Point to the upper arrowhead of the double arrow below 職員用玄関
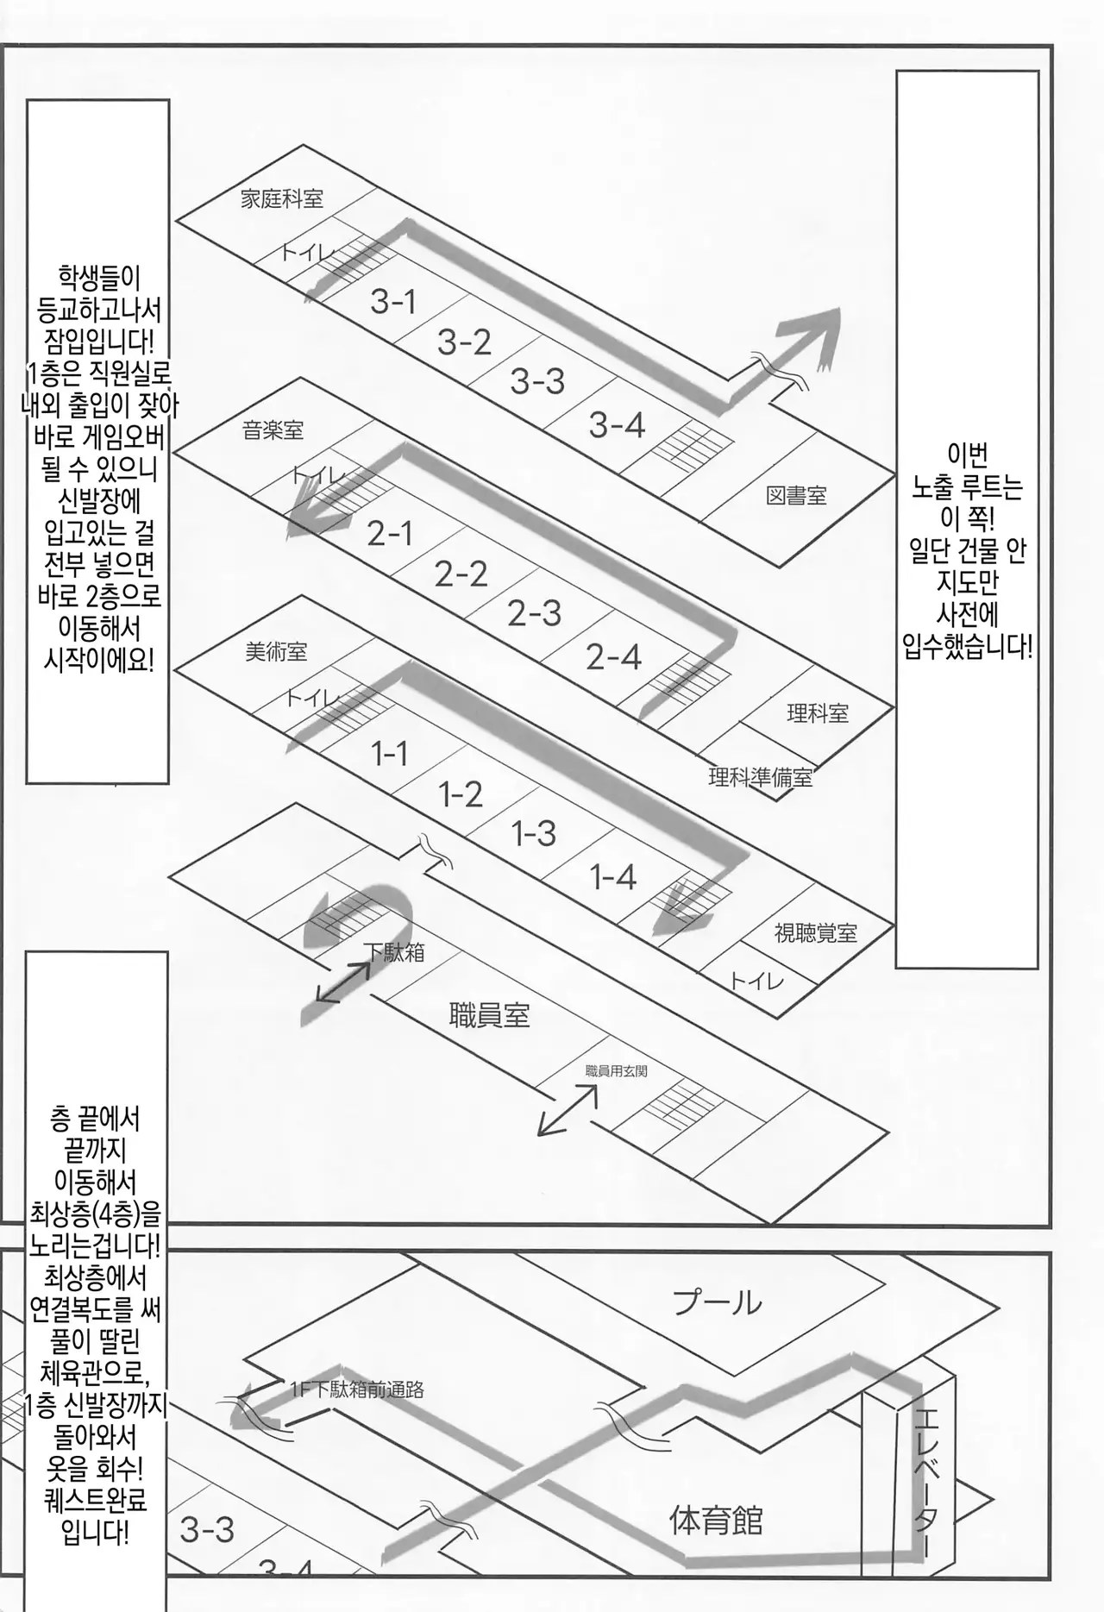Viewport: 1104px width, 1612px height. pos(596,1085)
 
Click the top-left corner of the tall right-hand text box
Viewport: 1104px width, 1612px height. pos(897,72)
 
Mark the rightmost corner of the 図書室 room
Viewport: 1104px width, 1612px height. pos(894,471)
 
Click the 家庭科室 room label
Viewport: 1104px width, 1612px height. pos(282,199)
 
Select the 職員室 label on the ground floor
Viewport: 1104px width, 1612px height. pos(489,1015)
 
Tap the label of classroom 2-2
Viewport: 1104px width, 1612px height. pos(461,574)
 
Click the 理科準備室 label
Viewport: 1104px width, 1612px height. pos(761,778)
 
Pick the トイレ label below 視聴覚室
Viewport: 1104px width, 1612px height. pos(756,981)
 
